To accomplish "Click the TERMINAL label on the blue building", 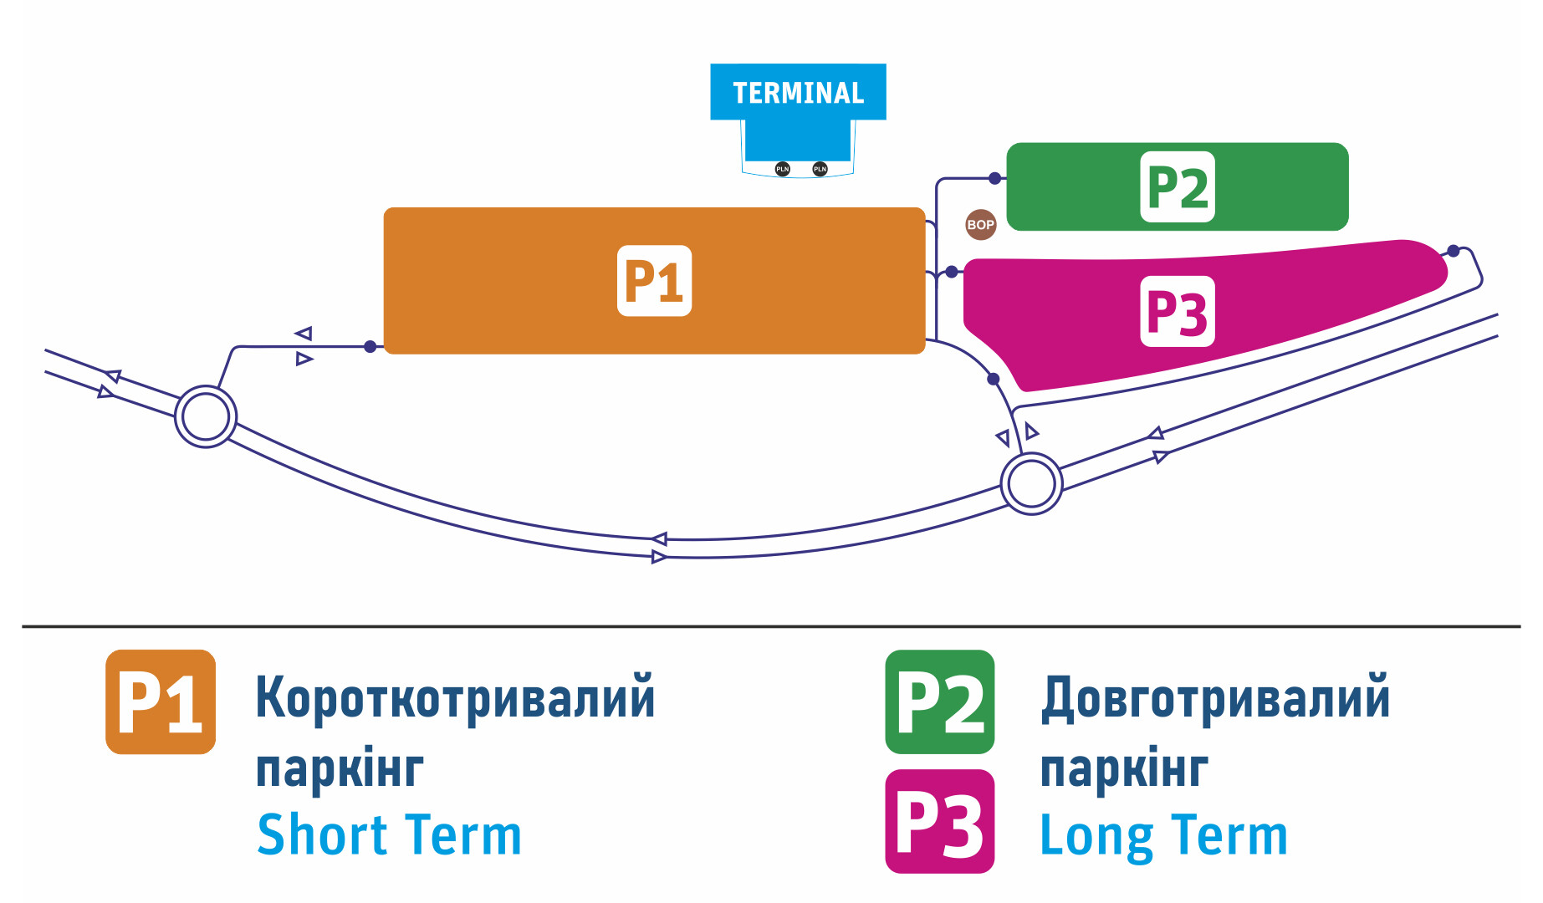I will click(x=798, y=93).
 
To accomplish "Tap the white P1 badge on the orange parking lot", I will click(x=654, y=281).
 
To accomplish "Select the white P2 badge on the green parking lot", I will click(x=1178, y=187).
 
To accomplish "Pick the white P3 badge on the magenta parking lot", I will click(x=1178, y=312).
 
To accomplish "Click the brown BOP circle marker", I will click(x=980, y=224).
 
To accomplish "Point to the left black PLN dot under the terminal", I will click(x=782, y=169).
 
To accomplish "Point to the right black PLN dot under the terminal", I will click(x=820, y=169).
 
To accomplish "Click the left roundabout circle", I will click(x=206, y=416).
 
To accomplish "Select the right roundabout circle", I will click(x=1032, y=483).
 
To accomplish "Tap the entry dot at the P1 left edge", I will click(x=370, y=346).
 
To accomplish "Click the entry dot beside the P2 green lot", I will click(x=994, y=178).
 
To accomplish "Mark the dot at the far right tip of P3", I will click(x=1454, y=251).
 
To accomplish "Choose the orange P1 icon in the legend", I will click(x=161, y=702).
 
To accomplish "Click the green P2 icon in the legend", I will click(x=940, y=702).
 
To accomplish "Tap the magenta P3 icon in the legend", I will click(x=940, y=821).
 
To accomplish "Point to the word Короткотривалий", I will click(x=455, y=698).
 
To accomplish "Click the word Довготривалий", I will click(x=1215, y=698).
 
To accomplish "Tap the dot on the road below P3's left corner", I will click(x=994, y=379).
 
